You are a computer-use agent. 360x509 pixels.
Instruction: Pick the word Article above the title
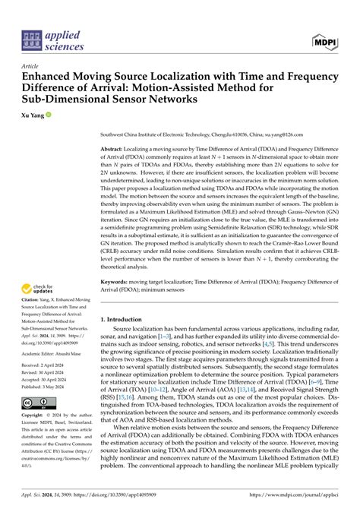30,66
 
